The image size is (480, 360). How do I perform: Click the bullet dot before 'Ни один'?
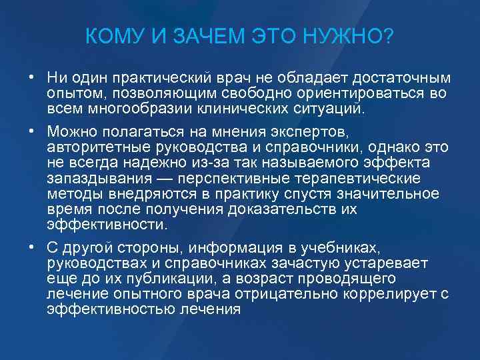[31, 78]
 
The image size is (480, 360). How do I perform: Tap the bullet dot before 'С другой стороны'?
[31, 247]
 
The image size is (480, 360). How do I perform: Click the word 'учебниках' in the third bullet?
[342, 247]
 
